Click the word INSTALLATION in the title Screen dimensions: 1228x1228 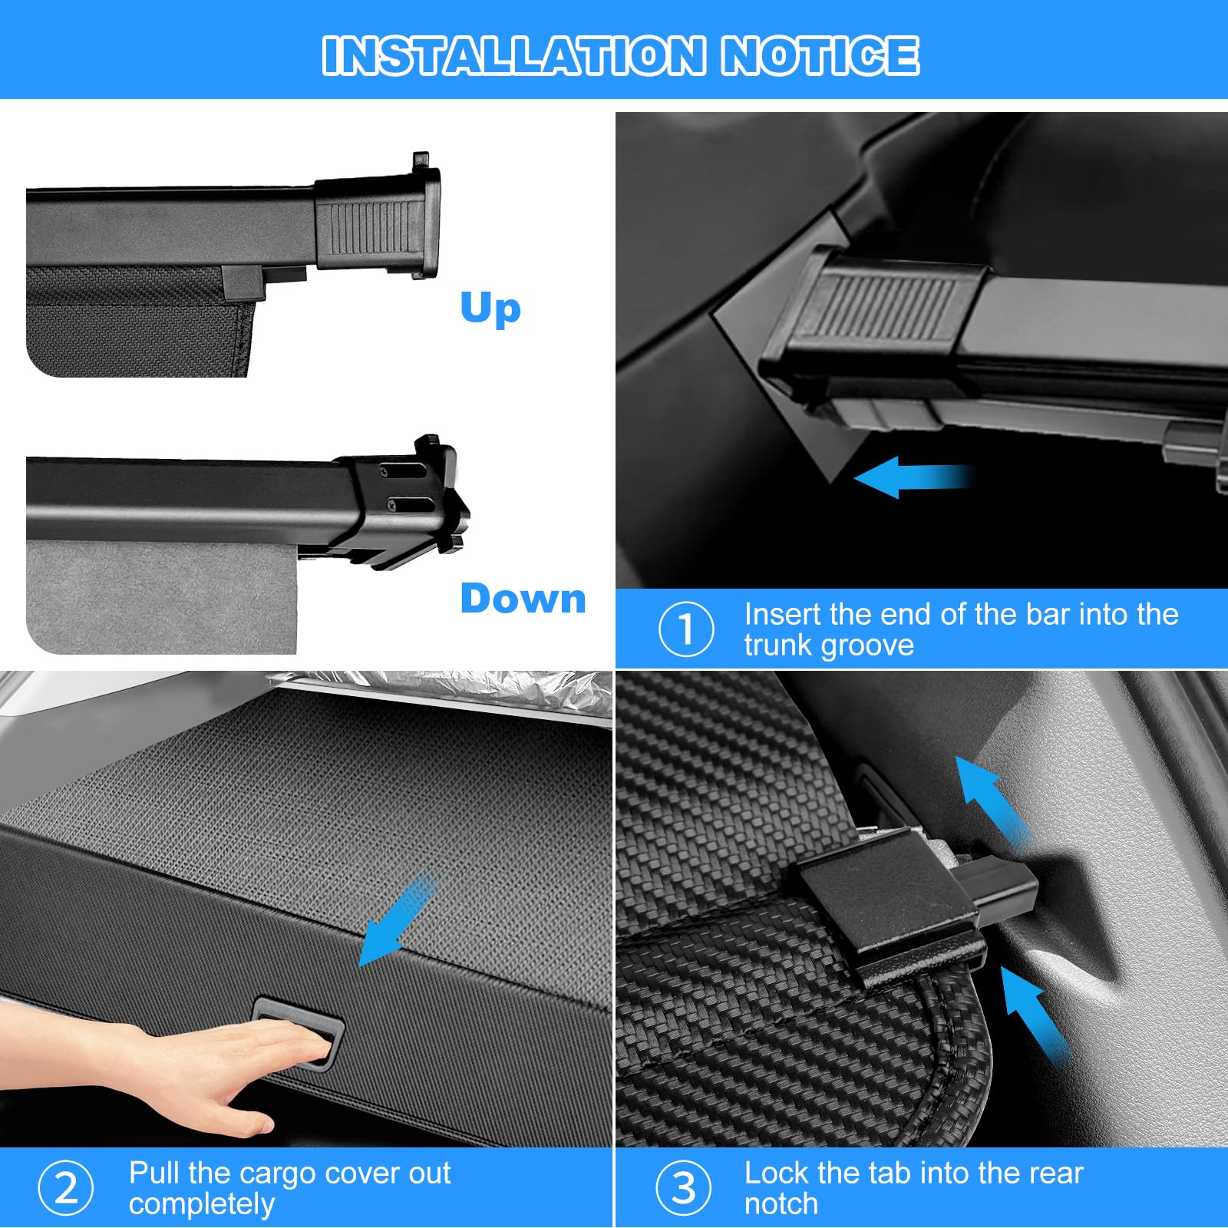[x=513, y=55]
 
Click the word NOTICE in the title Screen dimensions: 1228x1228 [x=819, y=55]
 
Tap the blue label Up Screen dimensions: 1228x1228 [x=490, y=308]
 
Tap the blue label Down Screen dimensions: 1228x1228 [x=523, y=599]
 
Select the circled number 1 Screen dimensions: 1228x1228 [x=685, y=629]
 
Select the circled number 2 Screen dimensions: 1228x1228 [x=66, y=1188]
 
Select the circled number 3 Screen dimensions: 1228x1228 [x=684, y=1188]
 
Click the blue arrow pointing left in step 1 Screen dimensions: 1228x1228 [x=909, y=477]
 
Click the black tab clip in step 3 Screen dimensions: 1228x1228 [x=890, y=906]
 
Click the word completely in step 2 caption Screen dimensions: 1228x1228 [x=201, y=1204]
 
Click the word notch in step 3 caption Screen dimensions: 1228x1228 [x=781, y=1204]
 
